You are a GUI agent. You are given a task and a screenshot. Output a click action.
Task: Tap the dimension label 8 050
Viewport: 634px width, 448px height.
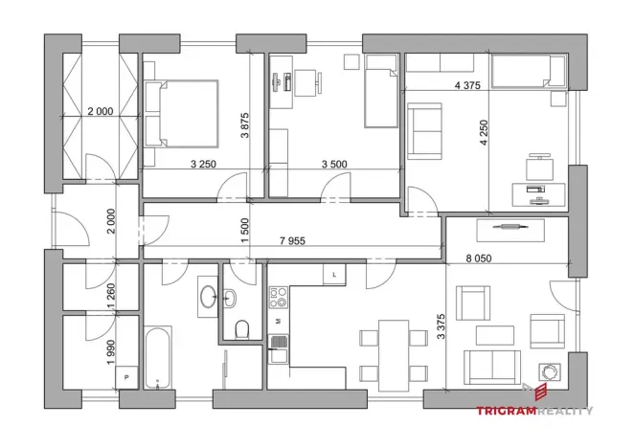click(x=481, y=257)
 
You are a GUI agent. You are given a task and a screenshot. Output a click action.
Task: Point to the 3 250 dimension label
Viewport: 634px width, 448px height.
click(x=204, y=164)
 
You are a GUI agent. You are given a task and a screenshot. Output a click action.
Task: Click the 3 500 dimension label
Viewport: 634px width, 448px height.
click(x=334, y=164)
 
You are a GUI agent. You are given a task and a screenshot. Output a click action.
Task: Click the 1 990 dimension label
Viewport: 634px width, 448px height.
click(x=110, y=347)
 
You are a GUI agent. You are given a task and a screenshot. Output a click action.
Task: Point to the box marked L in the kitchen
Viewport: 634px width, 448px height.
click(x=334, y=276)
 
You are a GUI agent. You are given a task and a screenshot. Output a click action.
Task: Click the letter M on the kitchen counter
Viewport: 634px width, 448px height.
click(x=278, y=322)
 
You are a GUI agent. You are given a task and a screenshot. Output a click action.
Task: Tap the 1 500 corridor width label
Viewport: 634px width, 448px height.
click(x=245, y=230)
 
